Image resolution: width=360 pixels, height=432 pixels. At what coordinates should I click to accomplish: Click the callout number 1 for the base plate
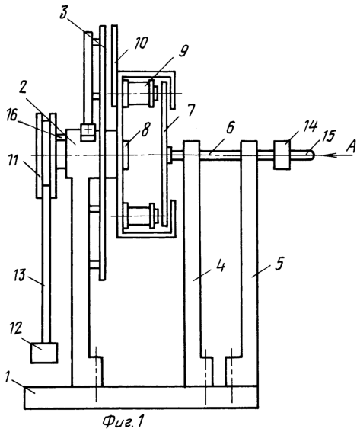click(x=8, y=377)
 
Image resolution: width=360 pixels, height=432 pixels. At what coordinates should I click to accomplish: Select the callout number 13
click(x=19, y=275)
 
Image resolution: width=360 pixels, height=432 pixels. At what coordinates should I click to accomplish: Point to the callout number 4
click(x=220, y=266)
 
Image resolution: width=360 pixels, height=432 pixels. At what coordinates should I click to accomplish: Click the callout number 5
click(x=279, y=264)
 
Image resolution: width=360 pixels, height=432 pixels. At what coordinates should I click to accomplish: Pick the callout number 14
click(x=311, y=126)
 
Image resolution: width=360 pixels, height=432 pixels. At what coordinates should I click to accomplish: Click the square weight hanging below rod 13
click(x=44, y=354)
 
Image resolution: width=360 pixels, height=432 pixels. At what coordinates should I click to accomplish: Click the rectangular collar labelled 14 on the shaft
click(x=282, y=155)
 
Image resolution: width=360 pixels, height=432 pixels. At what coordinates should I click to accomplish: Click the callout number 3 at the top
click(x=64, y=13)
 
